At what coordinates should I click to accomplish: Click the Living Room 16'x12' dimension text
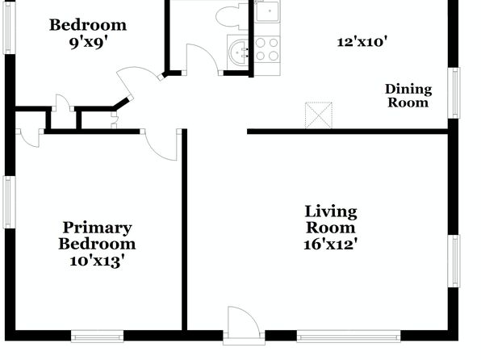tap(330, 245)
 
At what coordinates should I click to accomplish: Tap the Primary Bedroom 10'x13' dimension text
tap(97, 262)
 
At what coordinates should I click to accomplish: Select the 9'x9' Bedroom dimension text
tap(88, 43)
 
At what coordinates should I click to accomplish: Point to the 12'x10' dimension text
tap(362, 42)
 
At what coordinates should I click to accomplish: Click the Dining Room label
tap(408, 96)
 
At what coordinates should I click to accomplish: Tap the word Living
tap(331, 212)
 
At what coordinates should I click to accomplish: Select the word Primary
tap(97, 228)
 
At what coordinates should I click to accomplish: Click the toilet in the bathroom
tap(232, 15)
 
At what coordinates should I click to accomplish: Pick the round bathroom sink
tap(240, 52)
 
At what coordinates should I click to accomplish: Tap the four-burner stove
tap(267, 49)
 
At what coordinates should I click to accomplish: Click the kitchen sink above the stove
tap(267, 11)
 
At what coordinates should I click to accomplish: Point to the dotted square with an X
tap(319, 115)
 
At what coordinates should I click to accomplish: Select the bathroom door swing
tap(203, 59)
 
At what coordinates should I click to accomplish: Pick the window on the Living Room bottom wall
tap(349, 337)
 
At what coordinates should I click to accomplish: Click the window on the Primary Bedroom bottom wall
tap(97, 337)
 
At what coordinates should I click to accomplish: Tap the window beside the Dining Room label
tap(454, 93)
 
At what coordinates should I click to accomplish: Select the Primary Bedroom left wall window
tap(9, 202)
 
